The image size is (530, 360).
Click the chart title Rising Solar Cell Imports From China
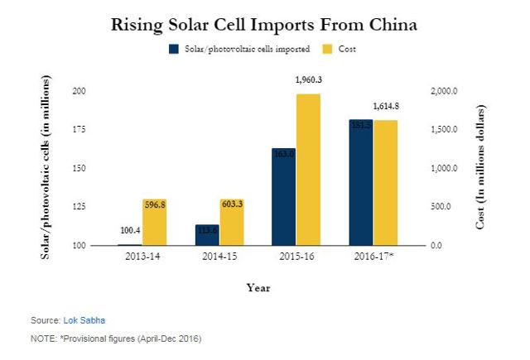[x=264, y=26]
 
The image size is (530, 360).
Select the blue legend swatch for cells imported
[x=173, y=50]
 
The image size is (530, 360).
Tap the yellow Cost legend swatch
[x=328, y=50]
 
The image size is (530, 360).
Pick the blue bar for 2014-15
[x=207, y=235]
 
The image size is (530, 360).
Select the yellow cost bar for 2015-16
[x=308, y=170]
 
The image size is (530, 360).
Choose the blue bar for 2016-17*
[x=360, y=183]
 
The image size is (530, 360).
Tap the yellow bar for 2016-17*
[x=385, y=183]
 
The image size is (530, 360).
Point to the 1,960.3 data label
[x=309, y=80]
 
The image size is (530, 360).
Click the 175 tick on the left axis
[x=81, y=129]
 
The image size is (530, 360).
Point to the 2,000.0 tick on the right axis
[x=443, y=91]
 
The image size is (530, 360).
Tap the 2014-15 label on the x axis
[x=219, y=257]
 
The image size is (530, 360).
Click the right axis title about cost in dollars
[x=480, y=168]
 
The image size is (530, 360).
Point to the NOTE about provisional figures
[x=115, y=338]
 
